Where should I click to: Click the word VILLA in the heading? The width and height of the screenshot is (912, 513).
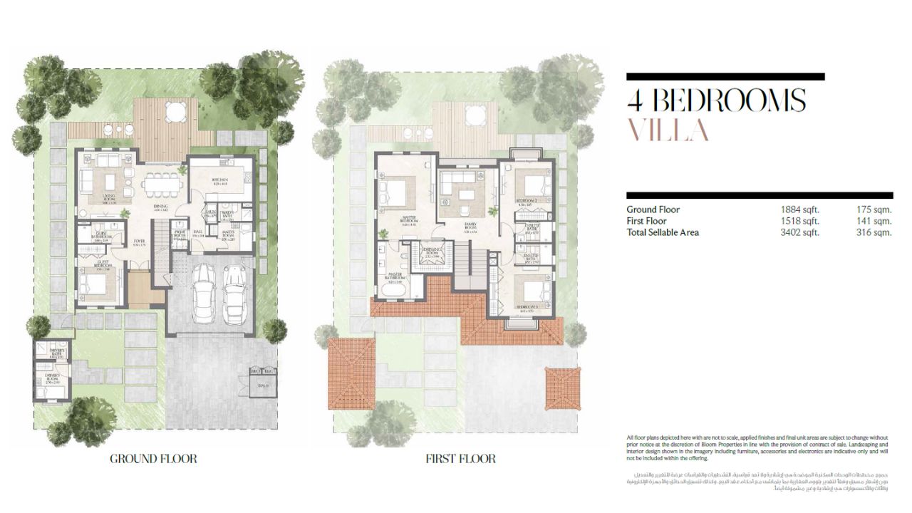pos(668,130)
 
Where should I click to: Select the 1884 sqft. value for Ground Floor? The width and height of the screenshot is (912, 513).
pos(800,209)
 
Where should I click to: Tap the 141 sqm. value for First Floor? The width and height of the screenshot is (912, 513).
pos(874,221)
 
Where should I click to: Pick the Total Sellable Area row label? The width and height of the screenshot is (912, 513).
pos(663,232)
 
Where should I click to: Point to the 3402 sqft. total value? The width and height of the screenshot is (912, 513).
pos(800,232)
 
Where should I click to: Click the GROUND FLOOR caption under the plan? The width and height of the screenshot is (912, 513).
pos(153,459)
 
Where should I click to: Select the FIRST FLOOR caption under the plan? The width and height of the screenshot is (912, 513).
pos(460,459)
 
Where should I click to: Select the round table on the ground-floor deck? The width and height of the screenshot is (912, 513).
pos(175,110)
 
